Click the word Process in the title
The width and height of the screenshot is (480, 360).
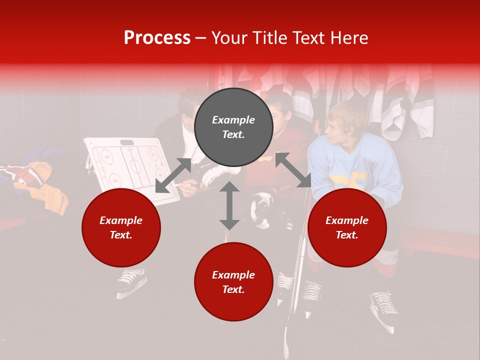pos(157,38)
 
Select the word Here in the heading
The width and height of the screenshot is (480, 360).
pos(349,38)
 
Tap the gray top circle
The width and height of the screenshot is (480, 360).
pos(233,127)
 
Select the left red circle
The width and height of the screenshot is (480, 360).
pos(121,228)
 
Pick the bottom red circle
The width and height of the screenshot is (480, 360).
pos(233,282)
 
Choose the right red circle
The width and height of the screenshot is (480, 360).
pos(347,228)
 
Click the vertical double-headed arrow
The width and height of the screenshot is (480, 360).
pos(229,205)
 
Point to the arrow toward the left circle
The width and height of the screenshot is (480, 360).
pos(173,175)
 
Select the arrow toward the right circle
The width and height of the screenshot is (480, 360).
pos(293,170)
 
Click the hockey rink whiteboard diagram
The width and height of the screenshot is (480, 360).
pos(131,167)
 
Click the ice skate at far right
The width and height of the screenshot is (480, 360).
pos(385,310)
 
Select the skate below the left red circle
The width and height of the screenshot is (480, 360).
pos(131,280)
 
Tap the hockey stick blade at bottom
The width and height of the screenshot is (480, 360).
pos(287,345)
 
